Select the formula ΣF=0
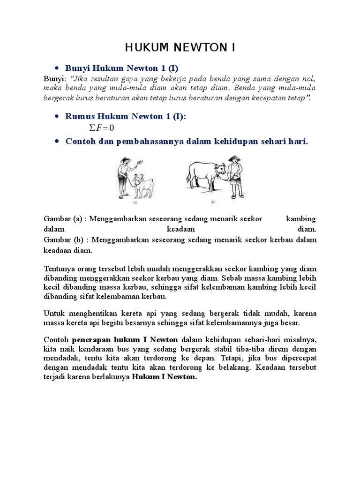click(x=101, y=128)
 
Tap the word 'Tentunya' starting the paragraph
click(x=60, y=269)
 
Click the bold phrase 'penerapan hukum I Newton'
click(x=125, y=340)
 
